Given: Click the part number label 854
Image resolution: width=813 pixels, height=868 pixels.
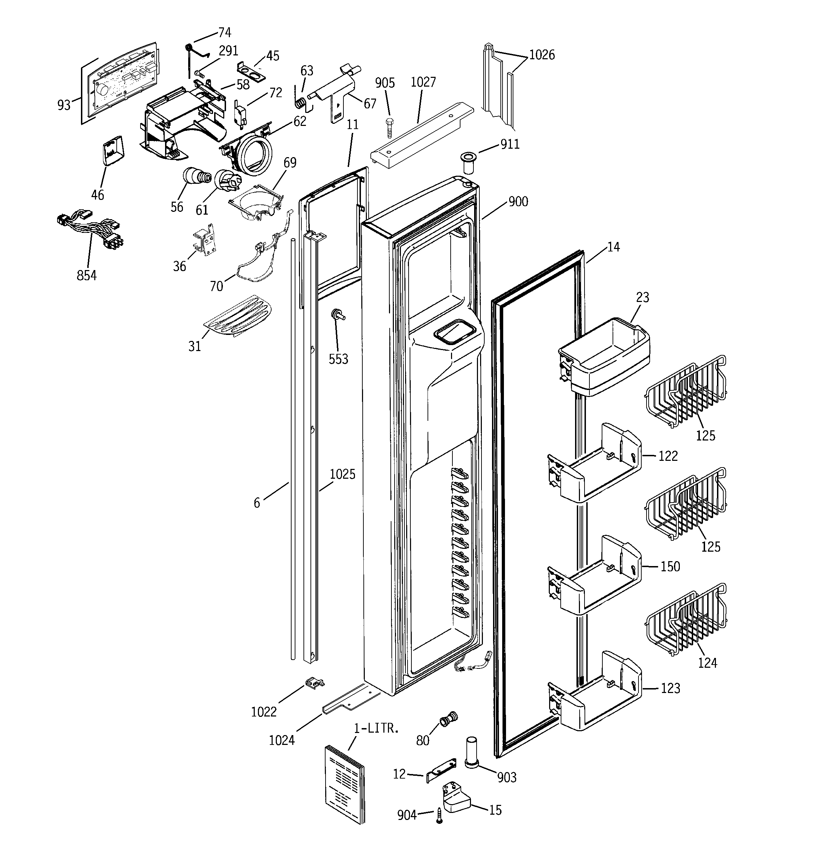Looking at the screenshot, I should pyautogui.click(x=87, y=276).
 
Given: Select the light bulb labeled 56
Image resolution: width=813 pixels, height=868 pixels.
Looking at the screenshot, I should pyautogui.click(x=195, y=176).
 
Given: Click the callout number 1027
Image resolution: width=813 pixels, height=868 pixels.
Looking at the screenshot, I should pyautogui.click(x=423, y=82).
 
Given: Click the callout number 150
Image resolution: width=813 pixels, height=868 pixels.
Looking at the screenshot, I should pyautogui.click(x=670, y=567).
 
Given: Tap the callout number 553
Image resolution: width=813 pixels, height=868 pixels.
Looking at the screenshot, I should pyautogui.click(x=338, y=359).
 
